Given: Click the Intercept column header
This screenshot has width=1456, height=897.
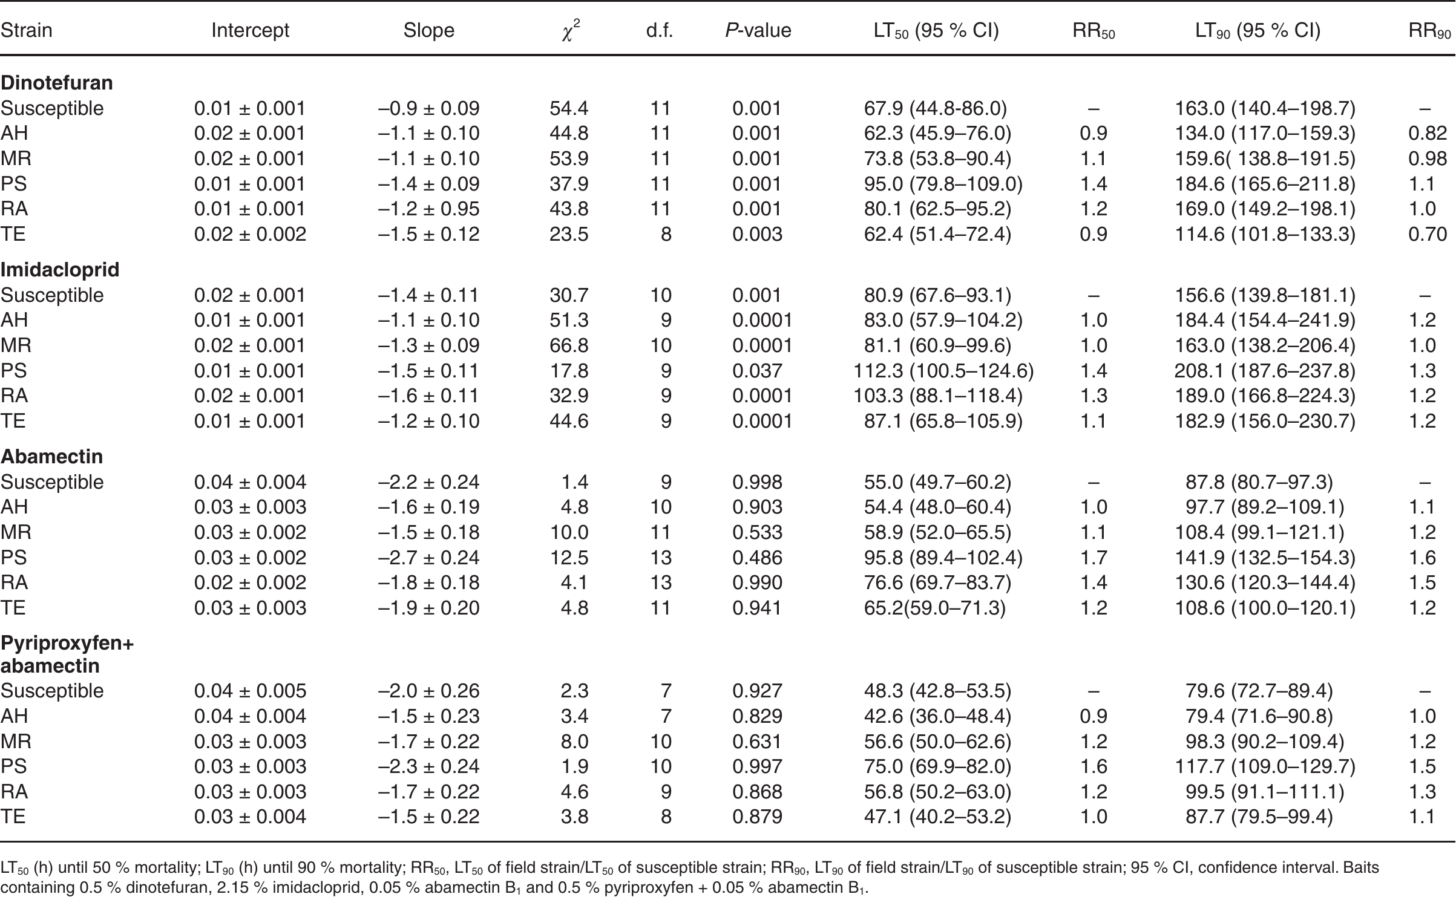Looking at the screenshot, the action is coord(251,30).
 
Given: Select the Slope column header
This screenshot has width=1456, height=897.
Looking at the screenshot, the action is coord(429,30).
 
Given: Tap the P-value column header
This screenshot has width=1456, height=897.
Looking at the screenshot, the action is coord(758,30).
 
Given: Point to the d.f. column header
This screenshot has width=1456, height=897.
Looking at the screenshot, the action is coord(660,30).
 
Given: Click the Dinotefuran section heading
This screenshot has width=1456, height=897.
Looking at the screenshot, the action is coord(57,82).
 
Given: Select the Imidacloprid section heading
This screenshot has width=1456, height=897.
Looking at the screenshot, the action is coord(60,269).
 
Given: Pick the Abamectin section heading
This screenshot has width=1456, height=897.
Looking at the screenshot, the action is coord(51,456).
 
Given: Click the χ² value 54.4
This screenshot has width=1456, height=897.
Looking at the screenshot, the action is coord(569,108).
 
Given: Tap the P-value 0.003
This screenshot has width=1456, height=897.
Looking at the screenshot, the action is coord(757,234).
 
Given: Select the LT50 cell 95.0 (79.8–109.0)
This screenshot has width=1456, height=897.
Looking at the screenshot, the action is coord(943,184).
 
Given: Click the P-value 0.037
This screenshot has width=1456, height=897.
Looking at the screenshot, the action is coord(757,371).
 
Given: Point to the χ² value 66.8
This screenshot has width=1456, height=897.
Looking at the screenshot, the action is coord(569,345).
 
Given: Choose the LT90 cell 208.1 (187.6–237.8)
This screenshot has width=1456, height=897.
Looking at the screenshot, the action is coord(1265,371).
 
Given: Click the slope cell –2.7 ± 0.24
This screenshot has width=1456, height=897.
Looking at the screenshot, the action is coord(429,558).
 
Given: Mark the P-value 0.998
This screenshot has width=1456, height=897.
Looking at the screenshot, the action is coord(757,482).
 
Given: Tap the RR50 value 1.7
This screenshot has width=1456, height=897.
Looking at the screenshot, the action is coord(1094,558).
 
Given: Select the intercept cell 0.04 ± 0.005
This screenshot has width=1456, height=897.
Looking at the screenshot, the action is coord(251,691).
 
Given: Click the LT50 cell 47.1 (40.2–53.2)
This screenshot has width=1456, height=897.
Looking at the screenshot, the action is coord(937,817).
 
